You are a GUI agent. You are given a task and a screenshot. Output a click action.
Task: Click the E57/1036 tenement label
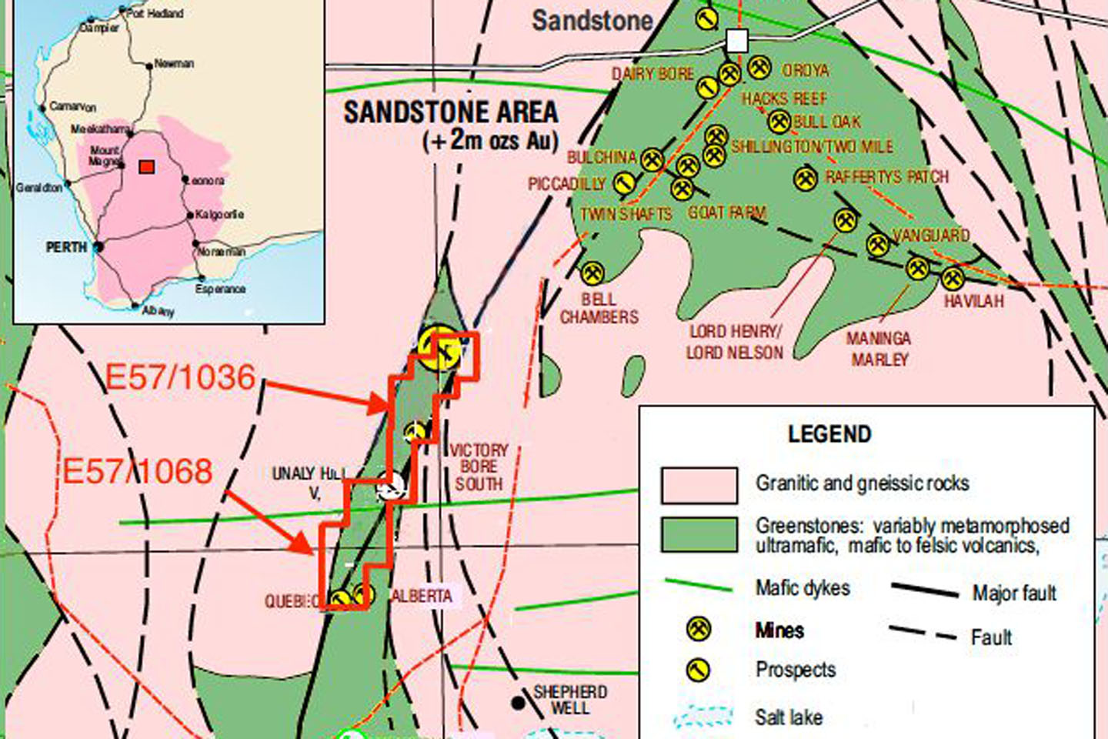[180, 377]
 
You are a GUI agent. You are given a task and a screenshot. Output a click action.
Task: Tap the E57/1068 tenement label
[137, 471]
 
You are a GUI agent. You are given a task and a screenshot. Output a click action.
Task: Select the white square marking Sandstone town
[736, 41]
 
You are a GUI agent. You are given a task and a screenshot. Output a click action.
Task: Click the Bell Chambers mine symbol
[592, 273]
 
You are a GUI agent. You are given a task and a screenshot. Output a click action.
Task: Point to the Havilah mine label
[974, 301]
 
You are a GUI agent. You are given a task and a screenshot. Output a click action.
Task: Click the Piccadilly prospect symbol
[623, 184]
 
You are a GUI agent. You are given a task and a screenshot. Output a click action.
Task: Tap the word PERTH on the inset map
[66, 247]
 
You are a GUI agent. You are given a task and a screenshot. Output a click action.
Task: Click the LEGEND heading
[829, 434]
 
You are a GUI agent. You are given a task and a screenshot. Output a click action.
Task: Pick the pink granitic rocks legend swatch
[699, 485]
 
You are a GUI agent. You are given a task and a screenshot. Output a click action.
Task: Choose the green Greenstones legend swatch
[699, 534]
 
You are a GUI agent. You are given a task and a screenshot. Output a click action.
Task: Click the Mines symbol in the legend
[699, 629]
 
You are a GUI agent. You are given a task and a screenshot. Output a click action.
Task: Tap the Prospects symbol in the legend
[699, 670]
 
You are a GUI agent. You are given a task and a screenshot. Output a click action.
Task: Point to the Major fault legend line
[925, 591]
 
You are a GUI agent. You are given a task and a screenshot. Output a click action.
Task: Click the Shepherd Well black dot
[519, 702]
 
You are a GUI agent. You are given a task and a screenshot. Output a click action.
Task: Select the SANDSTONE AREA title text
[451, 112]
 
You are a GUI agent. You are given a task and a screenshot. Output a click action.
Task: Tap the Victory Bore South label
[479, 466]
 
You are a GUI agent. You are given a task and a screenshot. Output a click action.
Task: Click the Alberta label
[422, 596]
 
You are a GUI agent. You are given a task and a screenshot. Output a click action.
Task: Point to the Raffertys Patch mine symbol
[806, 179]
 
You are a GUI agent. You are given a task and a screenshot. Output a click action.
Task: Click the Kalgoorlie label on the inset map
[219, 214]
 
